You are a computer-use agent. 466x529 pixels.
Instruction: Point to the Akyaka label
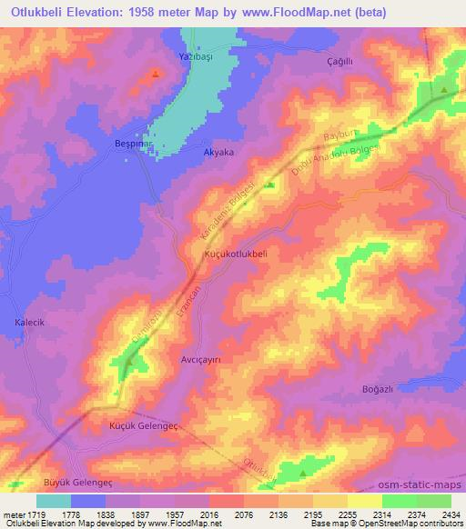point(218,153)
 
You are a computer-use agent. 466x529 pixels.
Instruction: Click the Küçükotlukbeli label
point(236,255)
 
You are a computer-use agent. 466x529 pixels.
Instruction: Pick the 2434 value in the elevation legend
point(450,514)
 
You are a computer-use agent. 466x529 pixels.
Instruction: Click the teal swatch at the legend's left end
point(54,501)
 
